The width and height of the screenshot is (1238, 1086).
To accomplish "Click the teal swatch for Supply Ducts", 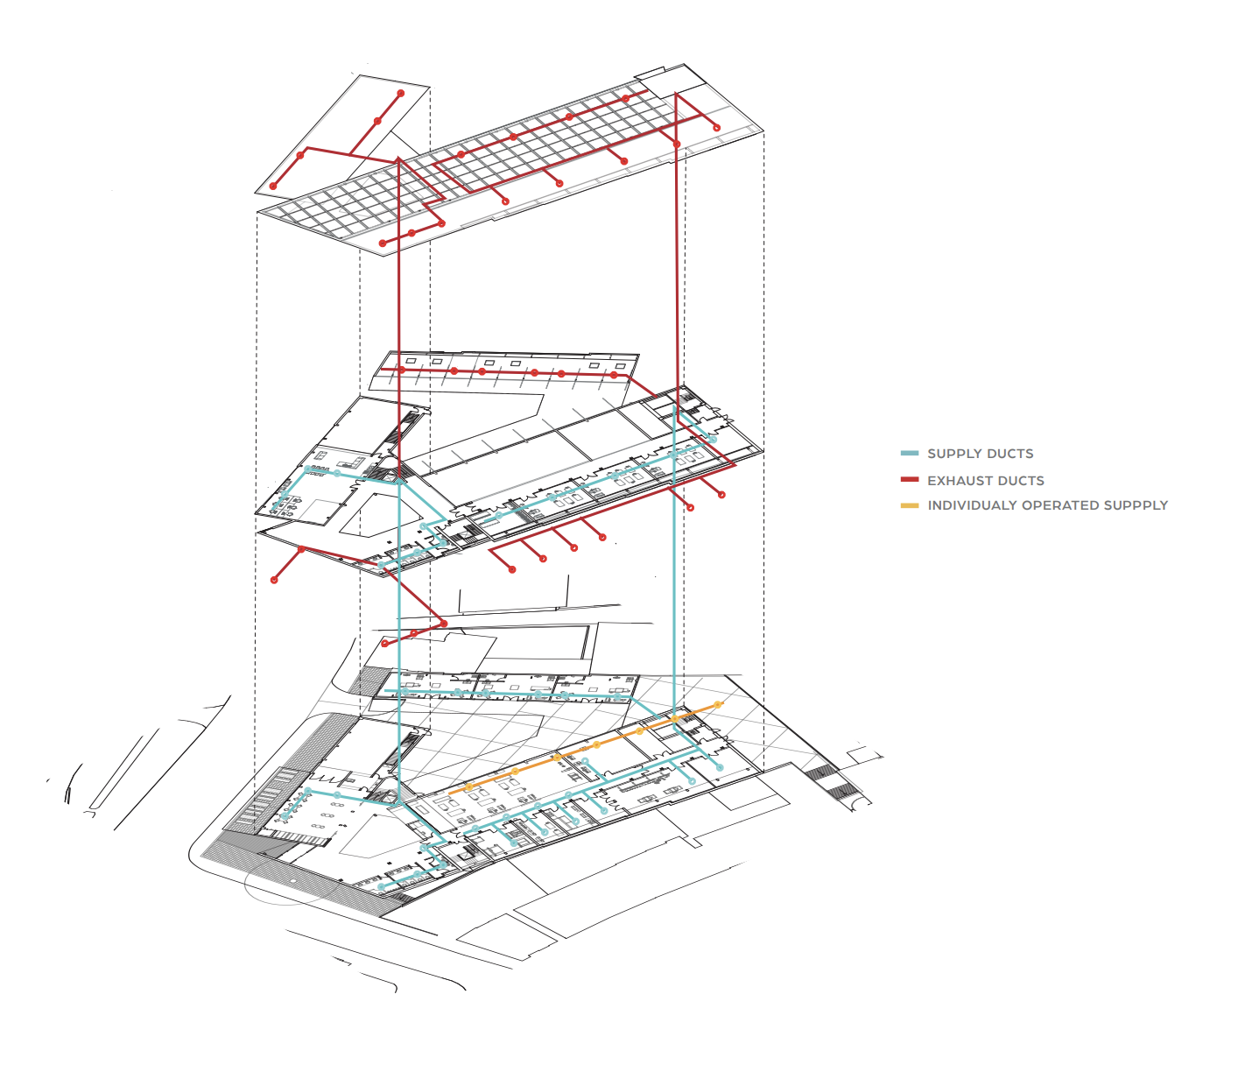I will click(910, 454).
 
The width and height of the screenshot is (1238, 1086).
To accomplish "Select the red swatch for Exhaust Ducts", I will click(910, 480).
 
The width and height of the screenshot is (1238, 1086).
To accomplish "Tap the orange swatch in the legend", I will click(910, 505).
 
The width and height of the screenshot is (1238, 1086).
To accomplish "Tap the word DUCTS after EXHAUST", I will click(1021, 481).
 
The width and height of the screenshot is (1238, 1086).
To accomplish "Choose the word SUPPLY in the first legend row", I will click(954, 454).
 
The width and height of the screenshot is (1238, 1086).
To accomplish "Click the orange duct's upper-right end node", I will click(718, 704).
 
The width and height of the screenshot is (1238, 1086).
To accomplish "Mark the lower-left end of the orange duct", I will click(451, 793).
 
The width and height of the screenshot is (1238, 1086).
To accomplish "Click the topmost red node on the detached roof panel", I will click(401, 93).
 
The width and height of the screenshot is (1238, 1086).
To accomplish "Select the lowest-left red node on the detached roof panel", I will click(273, 186).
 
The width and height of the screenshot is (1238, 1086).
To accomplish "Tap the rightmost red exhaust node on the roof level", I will click(717, 129).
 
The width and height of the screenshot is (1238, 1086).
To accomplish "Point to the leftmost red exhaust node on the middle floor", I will click(275, 580).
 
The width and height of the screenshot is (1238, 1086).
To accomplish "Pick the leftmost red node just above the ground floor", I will click(384, 644).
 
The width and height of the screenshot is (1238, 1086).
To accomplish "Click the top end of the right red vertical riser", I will click(677, 94).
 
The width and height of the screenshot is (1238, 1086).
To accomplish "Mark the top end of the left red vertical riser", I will click(398, 159).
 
